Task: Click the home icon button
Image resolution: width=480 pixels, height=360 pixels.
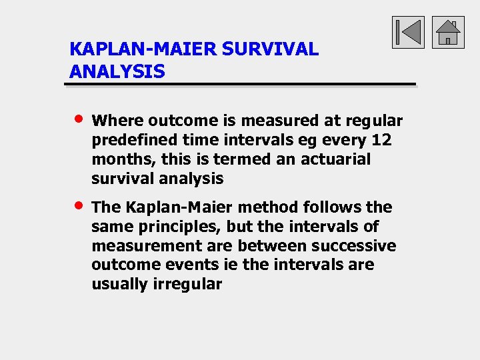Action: [448, 33]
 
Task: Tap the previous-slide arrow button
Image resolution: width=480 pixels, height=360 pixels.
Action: [408, 33]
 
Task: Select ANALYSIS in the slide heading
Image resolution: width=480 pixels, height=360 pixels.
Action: [117, 71]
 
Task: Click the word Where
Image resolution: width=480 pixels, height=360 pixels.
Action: [117, 121]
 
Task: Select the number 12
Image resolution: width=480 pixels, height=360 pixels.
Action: [381, 140]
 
